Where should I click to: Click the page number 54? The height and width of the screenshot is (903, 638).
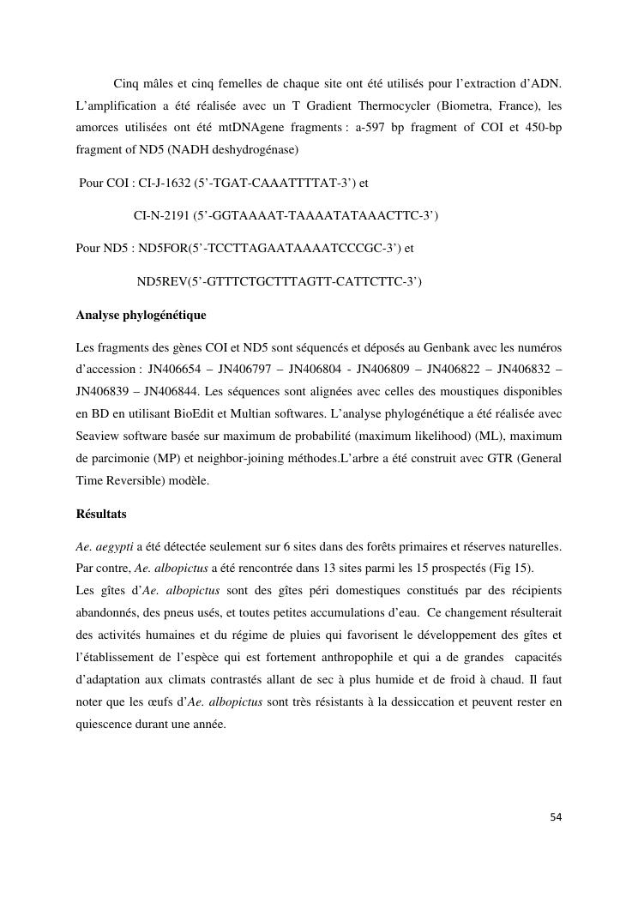556,817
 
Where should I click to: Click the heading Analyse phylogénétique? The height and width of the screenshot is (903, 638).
141,316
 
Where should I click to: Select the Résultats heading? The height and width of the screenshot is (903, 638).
101,514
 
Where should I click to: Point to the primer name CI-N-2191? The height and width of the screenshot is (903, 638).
162,214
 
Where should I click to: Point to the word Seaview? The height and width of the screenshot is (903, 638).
99,436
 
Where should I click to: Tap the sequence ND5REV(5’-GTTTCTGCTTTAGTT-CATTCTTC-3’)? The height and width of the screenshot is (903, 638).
280,281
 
